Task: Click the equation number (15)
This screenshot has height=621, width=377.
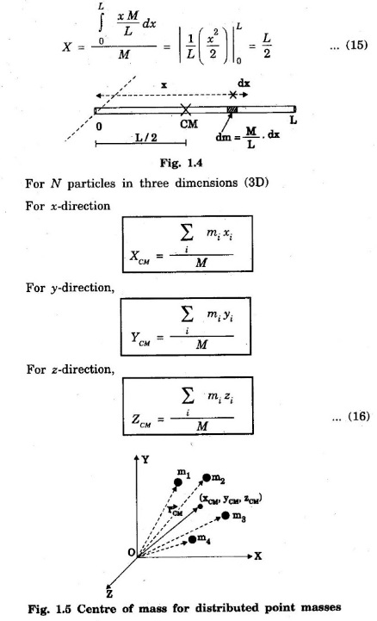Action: pos(356,45)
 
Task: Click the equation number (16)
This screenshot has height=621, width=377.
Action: pos(358,416)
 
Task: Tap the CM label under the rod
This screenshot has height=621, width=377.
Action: pos(188,124)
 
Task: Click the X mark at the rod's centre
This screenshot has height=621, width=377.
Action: pos(186,109)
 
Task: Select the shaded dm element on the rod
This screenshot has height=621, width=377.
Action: pos(232,109)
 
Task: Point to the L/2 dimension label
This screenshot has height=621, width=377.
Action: pos(146,138)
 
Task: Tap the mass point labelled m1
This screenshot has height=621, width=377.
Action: pos(178,482)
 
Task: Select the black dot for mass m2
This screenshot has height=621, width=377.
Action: pos(207,478)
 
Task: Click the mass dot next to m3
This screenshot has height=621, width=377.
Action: pos(226,515)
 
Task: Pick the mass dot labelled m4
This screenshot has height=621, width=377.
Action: pos(192,539)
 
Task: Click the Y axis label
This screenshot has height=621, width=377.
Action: pos(145,459)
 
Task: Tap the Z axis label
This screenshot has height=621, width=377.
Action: pos(109,593)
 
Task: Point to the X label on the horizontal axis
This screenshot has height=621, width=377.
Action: pos(257,556)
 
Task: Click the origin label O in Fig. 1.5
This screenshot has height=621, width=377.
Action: pos(132,552)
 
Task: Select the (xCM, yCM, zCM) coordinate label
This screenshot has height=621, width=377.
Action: pos(231,499)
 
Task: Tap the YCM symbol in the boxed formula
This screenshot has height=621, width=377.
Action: pos(140,339)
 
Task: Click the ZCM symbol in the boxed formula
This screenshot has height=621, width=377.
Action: pos(141,420)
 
